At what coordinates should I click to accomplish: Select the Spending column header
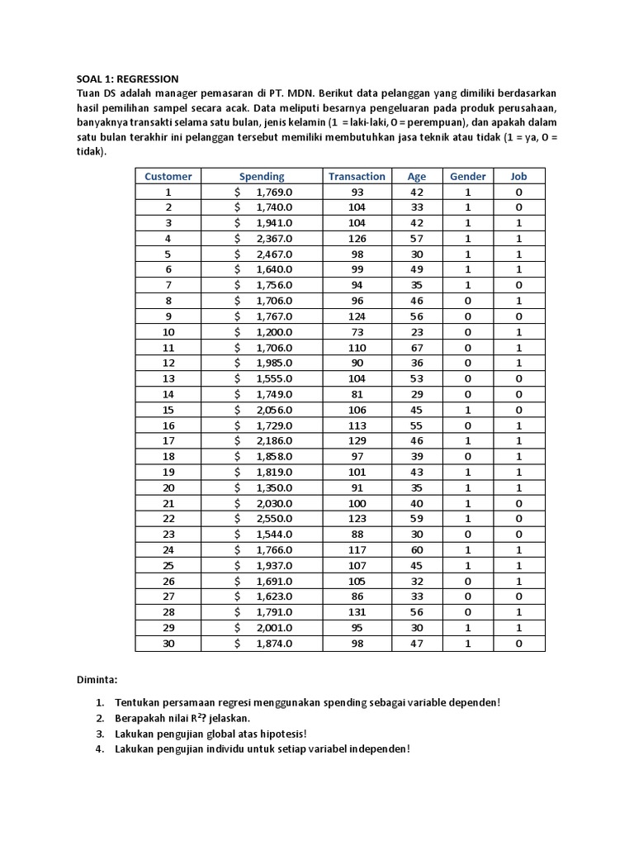(x=262, y=176)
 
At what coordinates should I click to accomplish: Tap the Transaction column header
(x=357, y=176)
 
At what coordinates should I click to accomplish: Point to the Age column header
(x=417, y=176)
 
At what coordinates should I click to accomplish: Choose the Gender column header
(x=468, y=176)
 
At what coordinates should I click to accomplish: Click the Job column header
(x=518, y=176)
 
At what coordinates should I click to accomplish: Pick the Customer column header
(x=168, y=176)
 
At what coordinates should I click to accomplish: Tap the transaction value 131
(x=357, y=611)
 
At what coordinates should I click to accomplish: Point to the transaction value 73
(x=357, y=331)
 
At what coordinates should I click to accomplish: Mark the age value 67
(x=417, y=347)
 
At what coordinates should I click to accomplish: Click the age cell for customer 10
(x=417, y=331)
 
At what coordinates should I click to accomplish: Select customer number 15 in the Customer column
(x=168, y=409)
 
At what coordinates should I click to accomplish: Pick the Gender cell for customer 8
(x=468, y=301)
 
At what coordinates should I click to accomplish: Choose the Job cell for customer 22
(x=518, y=518)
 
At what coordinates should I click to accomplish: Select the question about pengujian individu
(x=262, y=749)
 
